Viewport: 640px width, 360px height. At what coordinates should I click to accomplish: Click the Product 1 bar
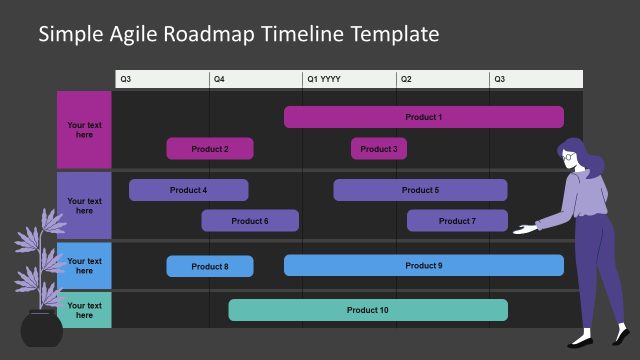click(423, 117)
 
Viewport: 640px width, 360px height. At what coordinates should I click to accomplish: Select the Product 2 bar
click(210, 149)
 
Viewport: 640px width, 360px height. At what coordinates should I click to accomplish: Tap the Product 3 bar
click(378, 149)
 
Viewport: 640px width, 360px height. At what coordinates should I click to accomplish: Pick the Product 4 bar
click(188, 190)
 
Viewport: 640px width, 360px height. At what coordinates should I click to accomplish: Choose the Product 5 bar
click(420, 190)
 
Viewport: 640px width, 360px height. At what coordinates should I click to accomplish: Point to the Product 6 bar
click(250, 221)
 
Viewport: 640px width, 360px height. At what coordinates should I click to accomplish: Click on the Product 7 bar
click(457, 221)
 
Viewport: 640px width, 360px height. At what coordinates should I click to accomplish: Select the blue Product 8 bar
click(210, 266)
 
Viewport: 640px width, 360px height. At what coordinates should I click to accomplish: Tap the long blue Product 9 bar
click(423, 265)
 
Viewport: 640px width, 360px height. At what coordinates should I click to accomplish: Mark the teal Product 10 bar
click(367, 310)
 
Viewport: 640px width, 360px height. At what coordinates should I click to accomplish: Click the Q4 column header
click(219, 79)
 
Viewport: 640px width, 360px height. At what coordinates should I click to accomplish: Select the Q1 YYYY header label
click(324, 79)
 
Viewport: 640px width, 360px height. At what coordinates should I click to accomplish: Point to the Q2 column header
click(406, 79)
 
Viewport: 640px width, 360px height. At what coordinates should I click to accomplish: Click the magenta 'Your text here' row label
click(84, 130)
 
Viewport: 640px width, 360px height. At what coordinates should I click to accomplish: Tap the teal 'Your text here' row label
click(84, 310)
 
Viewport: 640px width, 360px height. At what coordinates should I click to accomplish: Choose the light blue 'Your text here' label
click(84, 265)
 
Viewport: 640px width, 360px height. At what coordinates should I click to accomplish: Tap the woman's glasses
click(569, 156)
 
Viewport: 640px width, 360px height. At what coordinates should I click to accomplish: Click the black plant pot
click(42, 329)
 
